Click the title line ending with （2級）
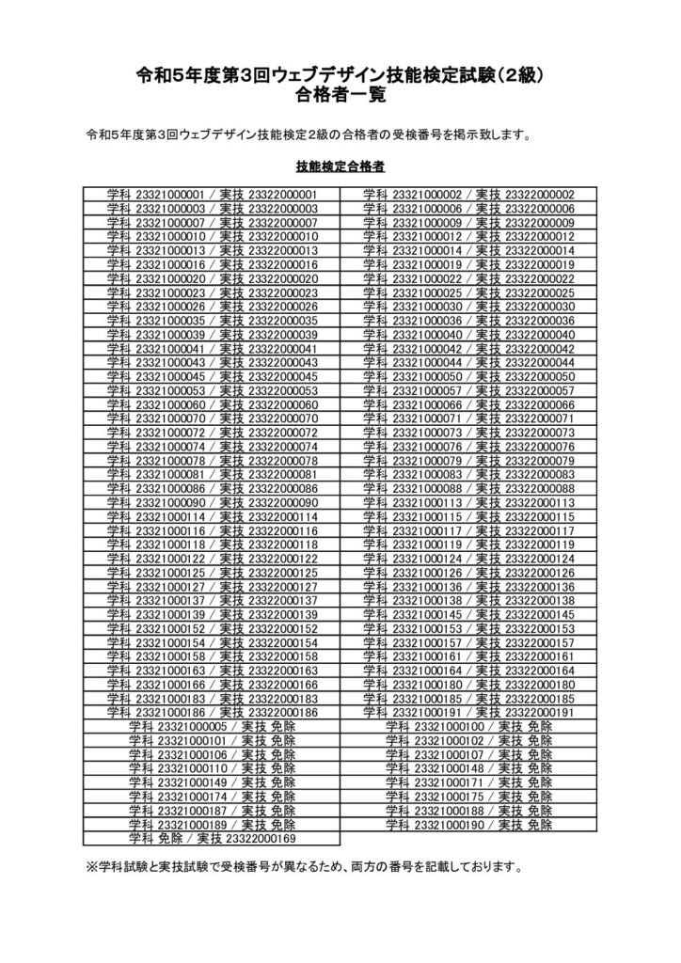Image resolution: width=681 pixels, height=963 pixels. (340, 76)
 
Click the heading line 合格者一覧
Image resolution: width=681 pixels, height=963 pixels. (340, 95)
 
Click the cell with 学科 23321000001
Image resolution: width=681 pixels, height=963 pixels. (212, 195)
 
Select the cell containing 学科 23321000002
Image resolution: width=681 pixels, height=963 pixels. (468, 195)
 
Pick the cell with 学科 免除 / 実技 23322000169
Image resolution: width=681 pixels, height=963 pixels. (212, 838)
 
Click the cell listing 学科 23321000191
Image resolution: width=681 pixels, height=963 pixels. (468, 713)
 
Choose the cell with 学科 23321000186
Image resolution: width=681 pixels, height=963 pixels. (212, 713)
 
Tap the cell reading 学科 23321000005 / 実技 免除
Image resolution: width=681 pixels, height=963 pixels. (212, 727)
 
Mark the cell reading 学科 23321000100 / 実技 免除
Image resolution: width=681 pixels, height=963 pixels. (468, 727)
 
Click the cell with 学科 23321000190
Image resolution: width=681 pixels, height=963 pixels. (468, 824)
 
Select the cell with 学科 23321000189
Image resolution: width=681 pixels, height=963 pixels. (212, 824)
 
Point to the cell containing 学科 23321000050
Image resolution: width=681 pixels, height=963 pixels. (468, 376)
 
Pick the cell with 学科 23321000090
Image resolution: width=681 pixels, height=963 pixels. (212, 502)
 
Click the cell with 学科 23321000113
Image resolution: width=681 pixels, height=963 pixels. (468, 502)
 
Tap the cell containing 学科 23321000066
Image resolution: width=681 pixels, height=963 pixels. (468, 404)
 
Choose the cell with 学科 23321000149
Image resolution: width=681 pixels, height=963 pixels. (212, 782)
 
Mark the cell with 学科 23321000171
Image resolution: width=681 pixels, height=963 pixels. (468, 782)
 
